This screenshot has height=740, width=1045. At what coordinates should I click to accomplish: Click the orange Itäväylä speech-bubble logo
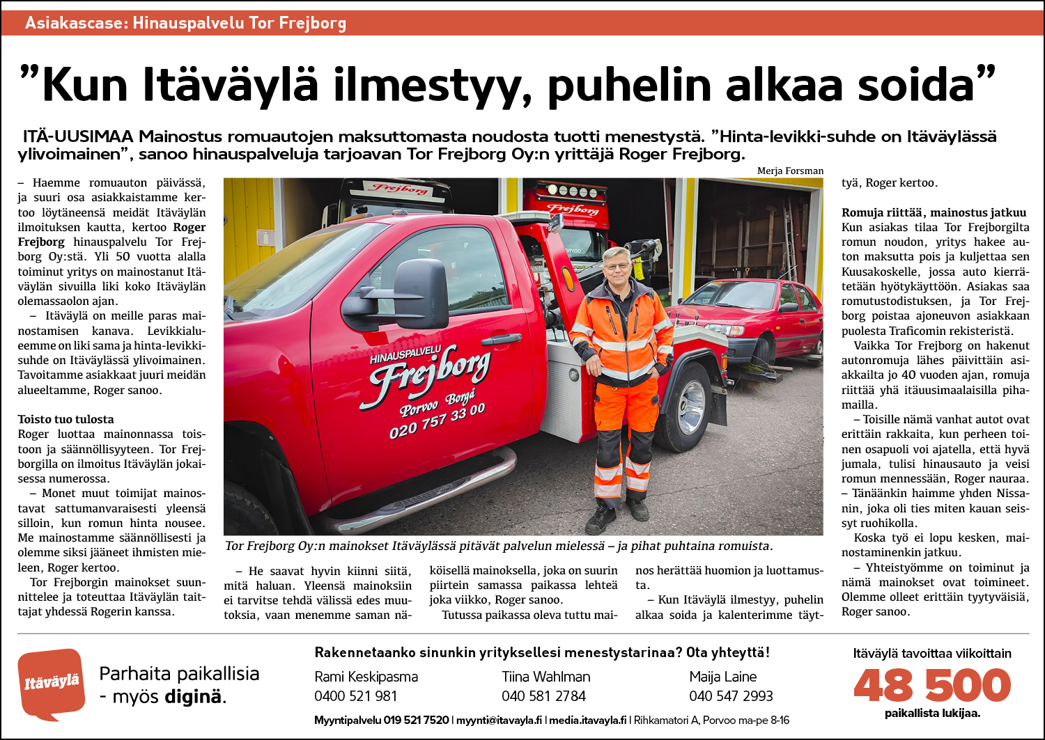(51, 683)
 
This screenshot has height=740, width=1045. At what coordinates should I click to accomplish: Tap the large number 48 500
(931, 685)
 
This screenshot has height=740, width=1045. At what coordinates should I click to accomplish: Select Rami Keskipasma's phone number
(355, 696)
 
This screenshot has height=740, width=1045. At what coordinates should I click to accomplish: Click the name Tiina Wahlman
(545, 677)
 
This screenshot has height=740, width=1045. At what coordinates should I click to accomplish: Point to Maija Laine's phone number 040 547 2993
(731, 696)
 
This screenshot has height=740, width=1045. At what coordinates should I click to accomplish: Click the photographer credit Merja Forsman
(790, 171)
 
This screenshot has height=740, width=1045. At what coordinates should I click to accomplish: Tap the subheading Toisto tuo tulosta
(65, 419)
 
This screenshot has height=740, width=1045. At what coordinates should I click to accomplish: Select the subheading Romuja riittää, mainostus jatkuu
(934, 212)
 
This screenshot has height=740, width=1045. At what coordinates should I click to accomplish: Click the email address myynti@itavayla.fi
(499, 721)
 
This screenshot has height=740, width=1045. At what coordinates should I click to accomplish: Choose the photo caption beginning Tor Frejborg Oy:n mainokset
(499, 546)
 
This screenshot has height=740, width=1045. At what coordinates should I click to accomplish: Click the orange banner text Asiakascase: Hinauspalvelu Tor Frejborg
(185, 23)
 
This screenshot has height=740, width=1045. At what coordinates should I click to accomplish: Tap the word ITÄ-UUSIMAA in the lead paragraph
(77, 136)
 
